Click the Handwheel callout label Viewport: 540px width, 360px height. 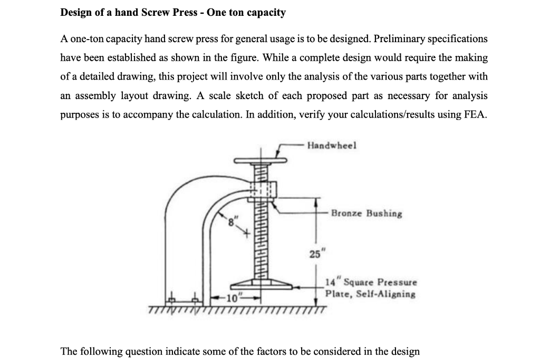(332, 145)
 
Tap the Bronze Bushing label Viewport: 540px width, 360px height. (367, 214)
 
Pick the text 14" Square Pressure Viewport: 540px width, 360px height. (371, 283)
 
